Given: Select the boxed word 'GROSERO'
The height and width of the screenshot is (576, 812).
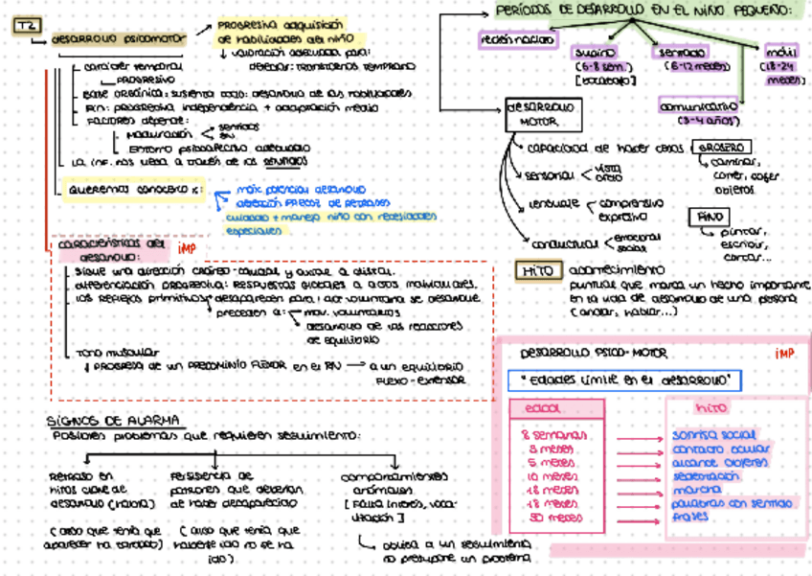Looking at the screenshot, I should (x=724, y=148).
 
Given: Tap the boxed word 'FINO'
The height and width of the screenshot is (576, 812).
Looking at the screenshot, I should (x=708, y=217).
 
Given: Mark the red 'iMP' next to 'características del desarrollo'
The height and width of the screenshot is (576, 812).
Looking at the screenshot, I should (x=188, y=247).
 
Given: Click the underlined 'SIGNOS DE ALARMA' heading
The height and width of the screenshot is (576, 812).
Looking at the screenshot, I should (x=115, y=420).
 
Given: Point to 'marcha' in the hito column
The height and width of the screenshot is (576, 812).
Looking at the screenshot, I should (x=695, y=489).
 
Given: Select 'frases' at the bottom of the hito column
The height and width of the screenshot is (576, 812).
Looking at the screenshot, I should (x=690, y=516).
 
